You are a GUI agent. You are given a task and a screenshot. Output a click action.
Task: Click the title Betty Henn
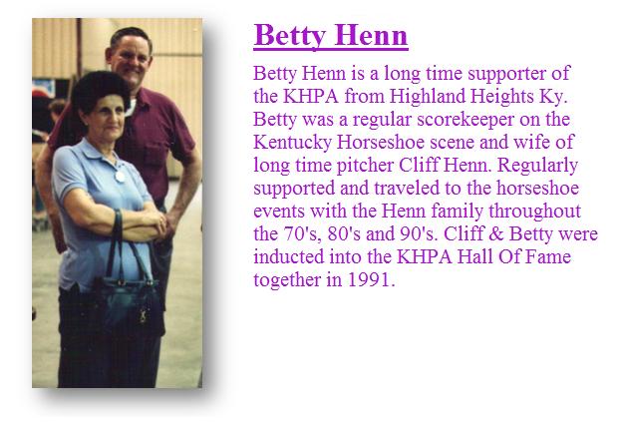point(331,36)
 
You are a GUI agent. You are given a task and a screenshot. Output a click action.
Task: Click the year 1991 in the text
point(371,279)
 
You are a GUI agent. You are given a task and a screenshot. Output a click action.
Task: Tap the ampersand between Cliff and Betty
point(495,233)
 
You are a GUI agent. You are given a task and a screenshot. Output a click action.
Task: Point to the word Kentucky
point(292,143)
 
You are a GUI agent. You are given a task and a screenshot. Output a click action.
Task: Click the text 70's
point(303,234)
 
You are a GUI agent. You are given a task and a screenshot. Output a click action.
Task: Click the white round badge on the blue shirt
point(120,177)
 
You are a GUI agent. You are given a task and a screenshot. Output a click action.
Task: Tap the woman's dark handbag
point(129,300)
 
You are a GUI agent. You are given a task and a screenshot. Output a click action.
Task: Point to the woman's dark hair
point(100,91)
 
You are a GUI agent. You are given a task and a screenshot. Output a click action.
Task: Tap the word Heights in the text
point(501,97)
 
